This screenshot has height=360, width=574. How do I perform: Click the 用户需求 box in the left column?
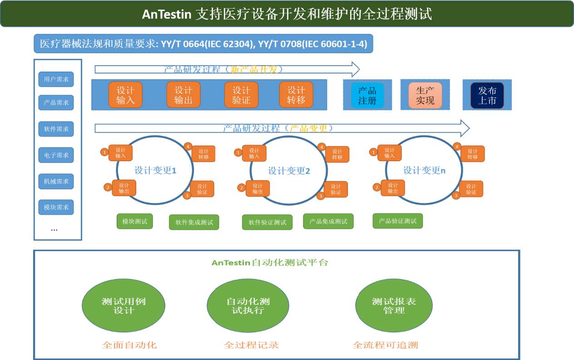pos(56,79)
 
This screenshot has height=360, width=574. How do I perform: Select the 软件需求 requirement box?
pos(56,129)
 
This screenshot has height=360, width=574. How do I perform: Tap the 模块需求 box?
pos(56,207)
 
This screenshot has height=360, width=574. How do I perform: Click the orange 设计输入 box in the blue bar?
pos(125,95)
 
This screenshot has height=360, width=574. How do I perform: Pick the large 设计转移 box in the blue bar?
pos(296,95)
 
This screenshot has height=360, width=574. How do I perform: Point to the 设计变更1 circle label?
pos(155,171)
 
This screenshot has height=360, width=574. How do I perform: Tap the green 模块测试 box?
pos(135,221)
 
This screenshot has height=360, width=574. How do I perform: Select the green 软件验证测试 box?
pos(267,222)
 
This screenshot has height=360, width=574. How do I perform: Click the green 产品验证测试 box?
pos(397,221)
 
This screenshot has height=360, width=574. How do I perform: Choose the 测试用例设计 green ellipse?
pos(124,306)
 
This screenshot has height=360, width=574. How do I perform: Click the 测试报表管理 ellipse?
pos(394,306)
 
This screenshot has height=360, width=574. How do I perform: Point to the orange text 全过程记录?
pos(251,345)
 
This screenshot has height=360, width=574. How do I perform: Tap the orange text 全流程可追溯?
pos(385,345)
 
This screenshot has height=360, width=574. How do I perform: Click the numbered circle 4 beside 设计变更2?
pos(322,147)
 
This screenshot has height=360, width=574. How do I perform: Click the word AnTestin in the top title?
pos(166,14)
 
